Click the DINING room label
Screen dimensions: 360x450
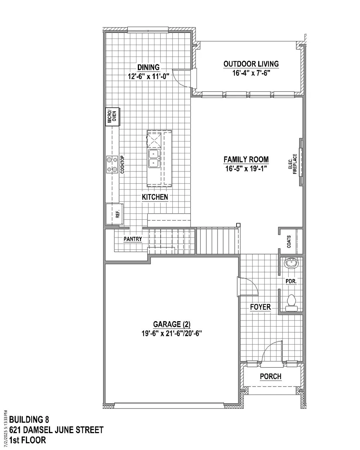148,67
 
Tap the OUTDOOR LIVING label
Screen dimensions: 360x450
251,64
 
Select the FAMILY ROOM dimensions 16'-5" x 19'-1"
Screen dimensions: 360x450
246,168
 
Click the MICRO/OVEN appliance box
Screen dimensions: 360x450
112,117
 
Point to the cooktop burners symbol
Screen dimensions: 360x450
112,165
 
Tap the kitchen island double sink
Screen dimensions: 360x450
154,158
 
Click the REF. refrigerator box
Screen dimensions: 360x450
114,214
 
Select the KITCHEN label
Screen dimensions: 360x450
155,197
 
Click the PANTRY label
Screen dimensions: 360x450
132,239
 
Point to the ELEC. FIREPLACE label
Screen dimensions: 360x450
292,164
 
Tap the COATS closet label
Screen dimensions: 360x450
289,242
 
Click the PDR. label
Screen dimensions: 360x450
291,282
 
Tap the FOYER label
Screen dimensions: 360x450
260,307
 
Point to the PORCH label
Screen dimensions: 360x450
270,377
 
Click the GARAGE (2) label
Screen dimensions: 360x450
172,324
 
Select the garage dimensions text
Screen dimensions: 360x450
172,333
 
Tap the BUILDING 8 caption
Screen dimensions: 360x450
29,418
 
